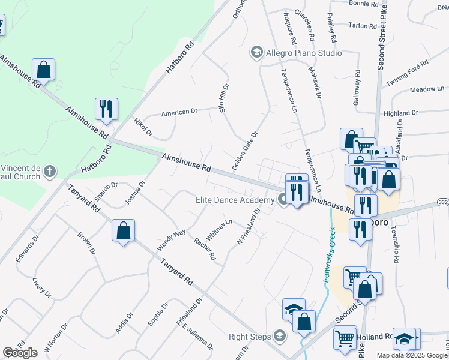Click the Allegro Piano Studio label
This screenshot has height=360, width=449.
304,53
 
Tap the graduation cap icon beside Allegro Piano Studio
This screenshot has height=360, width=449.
257,53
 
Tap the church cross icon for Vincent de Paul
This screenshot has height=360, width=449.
50,172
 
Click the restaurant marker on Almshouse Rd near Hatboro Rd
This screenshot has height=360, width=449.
106,109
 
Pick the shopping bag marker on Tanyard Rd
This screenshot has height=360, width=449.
123,230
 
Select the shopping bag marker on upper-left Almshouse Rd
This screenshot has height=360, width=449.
44,69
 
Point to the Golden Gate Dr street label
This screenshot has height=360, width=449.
245,150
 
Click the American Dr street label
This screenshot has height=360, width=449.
179,112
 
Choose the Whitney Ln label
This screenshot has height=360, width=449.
219,229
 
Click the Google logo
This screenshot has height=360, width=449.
20,353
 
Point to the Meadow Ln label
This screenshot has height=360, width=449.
427,89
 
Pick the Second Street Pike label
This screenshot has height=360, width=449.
381,36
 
